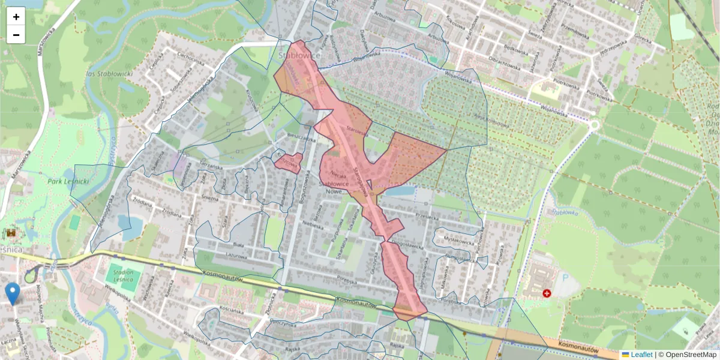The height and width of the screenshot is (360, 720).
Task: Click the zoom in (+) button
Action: pos(16,17)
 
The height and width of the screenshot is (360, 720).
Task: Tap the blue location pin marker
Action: pos(12,293)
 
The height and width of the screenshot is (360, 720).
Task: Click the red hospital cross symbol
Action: pos(547,293)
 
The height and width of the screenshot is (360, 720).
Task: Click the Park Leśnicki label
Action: pos(68,179)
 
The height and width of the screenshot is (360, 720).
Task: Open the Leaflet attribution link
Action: pos(641,355)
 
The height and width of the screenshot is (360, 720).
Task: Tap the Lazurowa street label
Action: pos(237,256)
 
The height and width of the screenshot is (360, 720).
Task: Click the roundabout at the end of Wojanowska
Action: pos(595,125)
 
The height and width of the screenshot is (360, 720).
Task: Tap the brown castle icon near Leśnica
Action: pos(11,233)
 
